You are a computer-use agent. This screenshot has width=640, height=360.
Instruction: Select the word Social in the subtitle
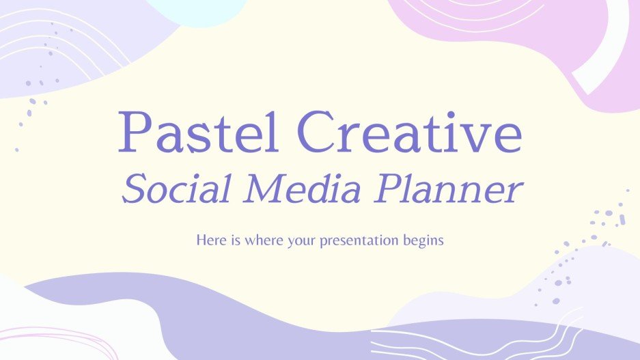[x=171, y=190]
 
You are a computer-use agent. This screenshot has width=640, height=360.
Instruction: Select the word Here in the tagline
[x=208, y=240]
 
